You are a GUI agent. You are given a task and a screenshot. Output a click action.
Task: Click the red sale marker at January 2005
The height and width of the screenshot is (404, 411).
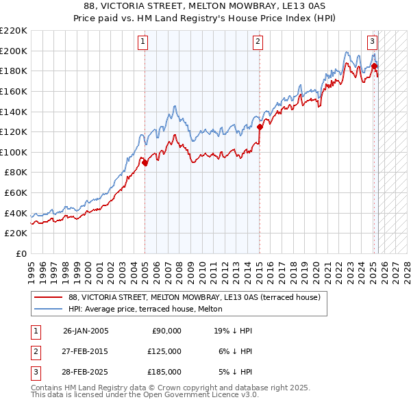[x=145, y=163]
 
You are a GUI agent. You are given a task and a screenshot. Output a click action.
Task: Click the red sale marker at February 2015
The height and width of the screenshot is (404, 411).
[x=260, y=127]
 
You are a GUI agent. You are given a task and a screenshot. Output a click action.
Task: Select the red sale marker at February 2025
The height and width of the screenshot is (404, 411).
[x=374, y=66]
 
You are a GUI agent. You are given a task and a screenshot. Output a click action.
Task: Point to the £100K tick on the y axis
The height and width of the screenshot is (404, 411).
[x=14, y=153]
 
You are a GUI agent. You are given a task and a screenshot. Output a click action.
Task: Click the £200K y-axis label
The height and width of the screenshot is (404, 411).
[x=14, y=51]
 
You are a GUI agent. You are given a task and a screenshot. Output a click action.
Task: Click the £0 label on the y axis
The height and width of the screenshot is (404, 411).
[x=21, y=254]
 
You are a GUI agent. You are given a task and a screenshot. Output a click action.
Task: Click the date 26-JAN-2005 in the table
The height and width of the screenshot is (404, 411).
[x=86, y=330]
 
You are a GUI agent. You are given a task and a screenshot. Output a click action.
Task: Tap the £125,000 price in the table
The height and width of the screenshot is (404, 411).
[x=164, y=351]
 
